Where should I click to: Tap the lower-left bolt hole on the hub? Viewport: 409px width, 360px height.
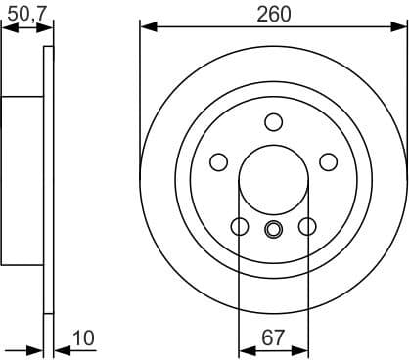pos(240,227)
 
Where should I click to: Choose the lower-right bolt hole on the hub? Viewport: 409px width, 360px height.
pos(306,227)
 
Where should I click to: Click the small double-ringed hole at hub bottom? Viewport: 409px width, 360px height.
pos(273,230)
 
